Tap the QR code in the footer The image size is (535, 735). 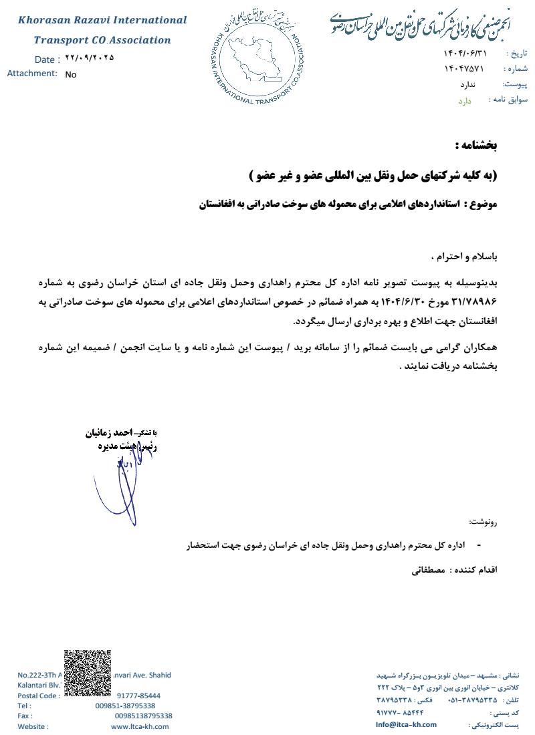(88, 673)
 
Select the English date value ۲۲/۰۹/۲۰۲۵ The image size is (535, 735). (90, 57)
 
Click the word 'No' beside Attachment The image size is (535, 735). (71, 75)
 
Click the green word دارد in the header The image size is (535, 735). (465, 101)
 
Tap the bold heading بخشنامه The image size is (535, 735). (475, 145)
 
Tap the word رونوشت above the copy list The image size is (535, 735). (484, 522)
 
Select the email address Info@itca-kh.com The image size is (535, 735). (406, 724)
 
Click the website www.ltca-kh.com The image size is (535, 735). (140, 726)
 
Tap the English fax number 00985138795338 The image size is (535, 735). (143, 716)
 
